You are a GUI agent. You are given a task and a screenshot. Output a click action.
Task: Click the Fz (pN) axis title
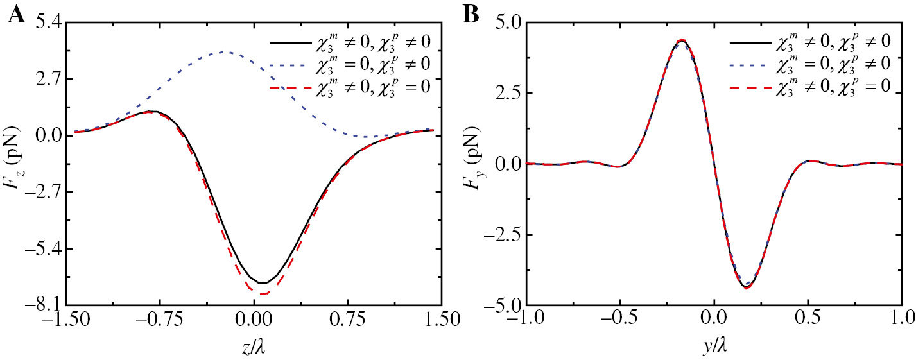[15, 164]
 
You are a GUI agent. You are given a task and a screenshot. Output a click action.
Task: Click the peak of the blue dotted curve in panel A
[223, 52]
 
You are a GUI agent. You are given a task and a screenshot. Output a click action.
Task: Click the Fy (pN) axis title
[472, 164]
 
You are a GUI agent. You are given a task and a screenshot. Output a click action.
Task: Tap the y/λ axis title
[713, 346]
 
